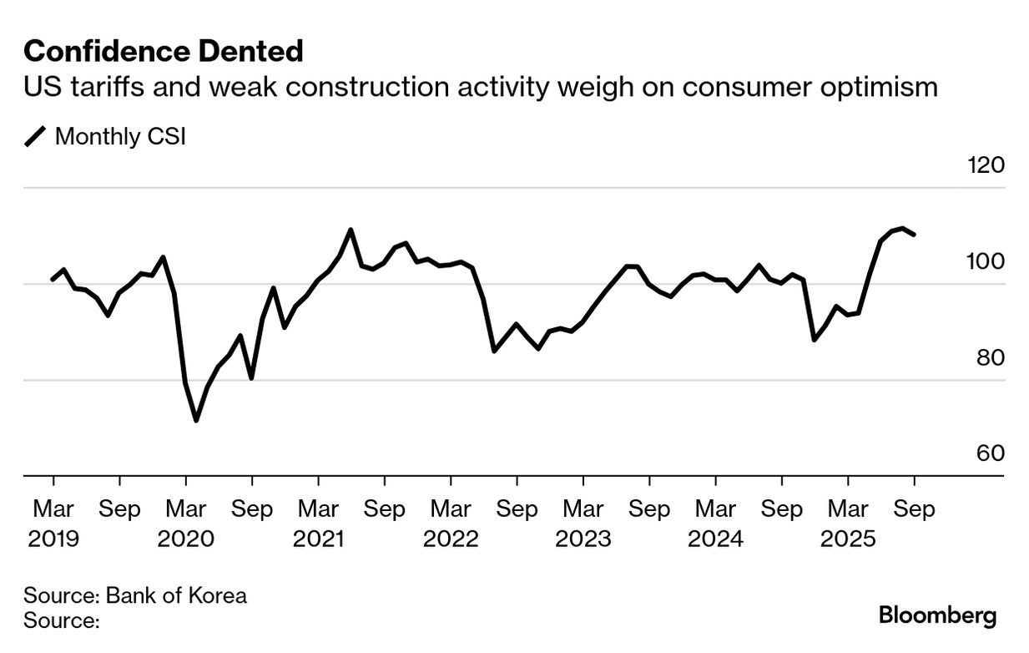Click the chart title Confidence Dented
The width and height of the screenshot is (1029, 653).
[x=163, y=52]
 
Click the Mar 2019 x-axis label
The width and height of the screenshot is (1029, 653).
[x=53, y=523]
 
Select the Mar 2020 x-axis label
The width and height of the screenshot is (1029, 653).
[x=185, y=523]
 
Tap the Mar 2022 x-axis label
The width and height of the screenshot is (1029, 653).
[x=451, y=523]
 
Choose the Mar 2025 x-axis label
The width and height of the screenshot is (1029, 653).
[x=848, y=523]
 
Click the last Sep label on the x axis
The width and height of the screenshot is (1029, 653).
[x=914, y=509]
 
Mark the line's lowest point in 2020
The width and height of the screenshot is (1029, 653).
[x=196, y=420]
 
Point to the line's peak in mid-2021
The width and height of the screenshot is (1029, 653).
[x=351, y=230]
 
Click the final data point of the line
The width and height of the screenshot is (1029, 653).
[x=915, y=235]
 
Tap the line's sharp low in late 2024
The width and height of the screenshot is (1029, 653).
[x=814, y=340]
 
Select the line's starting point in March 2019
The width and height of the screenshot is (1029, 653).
[x=53, y=280]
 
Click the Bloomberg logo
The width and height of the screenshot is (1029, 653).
[x=937, y=616]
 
